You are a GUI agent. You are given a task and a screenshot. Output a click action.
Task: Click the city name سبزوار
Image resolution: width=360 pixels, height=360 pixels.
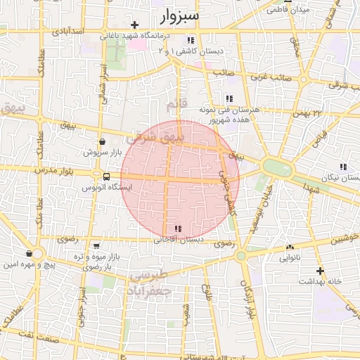click(180, 15)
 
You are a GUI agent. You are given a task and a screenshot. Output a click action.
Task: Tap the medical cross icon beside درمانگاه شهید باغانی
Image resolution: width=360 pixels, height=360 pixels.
click(134, 25)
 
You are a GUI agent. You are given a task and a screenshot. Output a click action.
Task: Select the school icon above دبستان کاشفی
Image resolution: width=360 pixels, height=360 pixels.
click(191, 40)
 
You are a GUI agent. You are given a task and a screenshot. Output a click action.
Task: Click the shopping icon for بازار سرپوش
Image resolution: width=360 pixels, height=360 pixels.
click(103, 141)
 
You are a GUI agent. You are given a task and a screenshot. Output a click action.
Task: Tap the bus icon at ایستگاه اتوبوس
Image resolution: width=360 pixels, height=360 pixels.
click(105, 176)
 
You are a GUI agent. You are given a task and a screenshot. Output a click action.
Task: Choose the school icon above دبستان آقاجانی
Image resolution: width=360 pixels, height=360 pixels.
click(177, 229)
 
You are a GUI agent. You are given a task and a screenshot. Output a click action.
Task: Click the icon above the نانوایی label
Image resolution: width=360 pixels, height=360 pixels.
click(290, 247)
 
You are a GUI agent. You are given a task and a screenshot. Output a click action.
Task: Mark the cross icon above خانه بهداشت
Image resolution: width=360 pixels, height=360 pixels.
click(320, 271)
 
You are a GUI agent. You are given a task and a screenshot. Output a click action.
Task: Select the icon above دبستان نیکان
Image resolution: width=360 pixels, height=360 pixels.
click(343, 167)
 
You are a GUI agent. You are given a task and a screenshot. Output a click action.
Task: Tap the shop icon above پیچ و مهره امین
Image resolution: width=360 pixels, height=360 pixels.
click(29, 254)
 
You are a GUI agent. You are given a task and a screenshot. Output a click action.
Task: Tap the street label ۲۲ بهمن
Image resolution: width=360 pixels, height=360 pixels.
click(307, 112)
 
